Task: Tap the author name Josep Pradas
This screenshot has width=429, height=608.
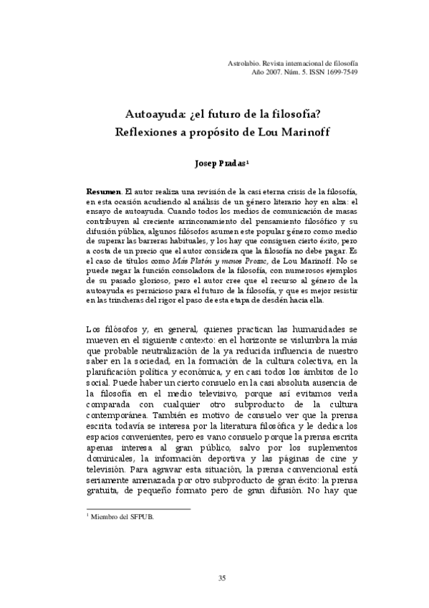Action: pos(221,163)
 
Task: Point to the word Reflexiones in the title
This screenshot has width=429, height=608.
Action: pos(149,133)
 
